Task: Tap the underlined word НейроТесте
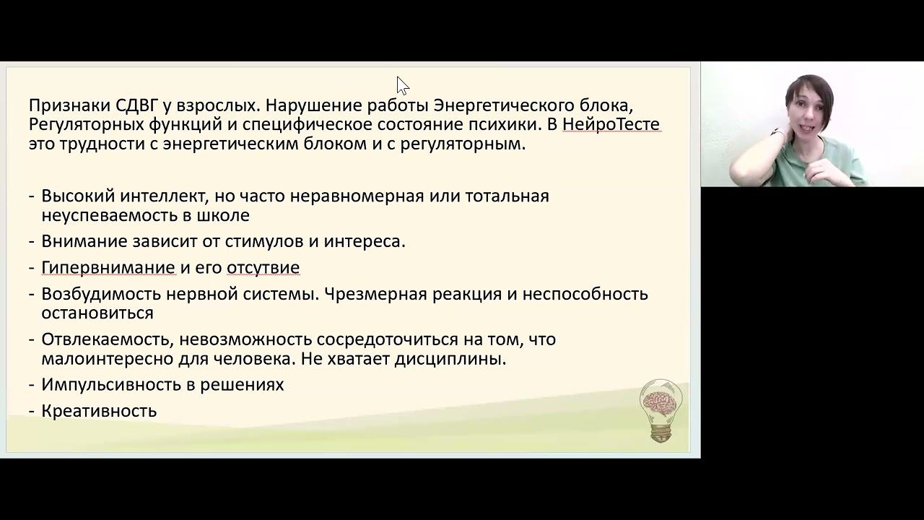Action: [x=611, y=124]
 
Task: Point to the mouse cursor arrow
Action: [x=402, y=85]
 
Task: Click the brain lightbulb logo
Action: [x=661, y=409]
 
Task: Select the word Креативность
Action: [x=99, y=411]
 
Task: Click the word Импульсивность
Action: [x=111, y=385]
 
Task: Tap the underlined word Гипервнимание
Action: [x=108, y=268]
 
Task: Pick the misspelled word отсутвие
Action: [x=263, y=268]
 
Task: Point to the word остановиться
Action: [x=97, y=313]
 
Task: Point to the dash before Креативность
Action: [x=32, y=411]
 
